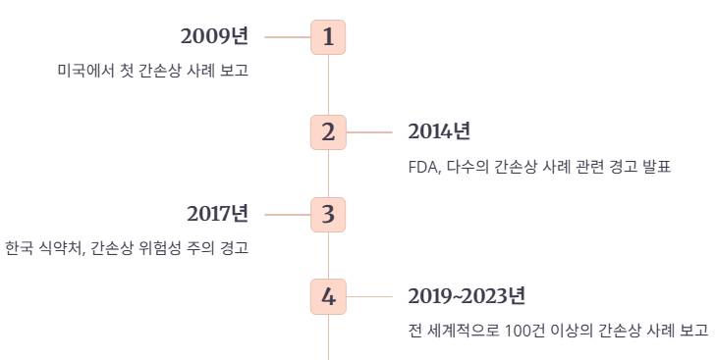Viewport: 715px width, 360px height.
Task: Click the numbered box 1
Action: point(328,37)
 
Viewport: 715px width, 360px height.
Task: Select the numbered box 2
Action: point(328,131)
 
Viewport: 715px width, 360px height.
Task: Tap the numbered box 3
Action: point(328,214)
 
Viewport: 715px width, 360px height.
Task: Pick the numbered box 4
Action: point(328,296)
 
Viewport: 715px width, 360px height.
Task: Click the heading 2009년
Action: point(214,37)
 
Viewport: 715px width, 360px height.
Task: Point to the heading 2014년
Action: point(439,131)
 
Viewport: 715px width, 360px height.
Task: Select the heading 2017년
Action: point(217,214)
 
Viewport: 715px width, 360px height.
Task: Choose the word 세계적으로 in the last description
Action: point(461,331)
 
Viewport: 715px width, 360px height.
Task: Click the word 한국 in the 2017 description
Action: point(19,248)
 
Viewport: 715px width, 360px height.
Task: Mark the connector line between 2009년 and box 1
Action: point(287,37)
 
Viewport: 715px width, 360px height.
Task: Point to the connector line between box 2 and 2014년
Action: point(369,131)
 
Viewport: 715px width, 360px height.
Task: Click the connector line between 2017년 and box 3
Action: point(287,214)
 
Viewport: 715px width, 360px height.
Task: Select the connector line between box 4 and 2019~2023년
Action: point(369,296)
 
